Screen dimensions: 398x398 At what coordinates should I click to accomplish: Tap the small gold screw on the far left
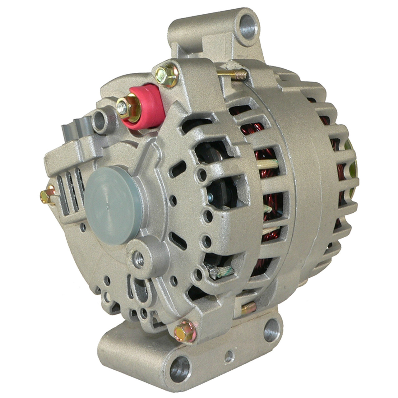pyautogui.click(x=47, y=195)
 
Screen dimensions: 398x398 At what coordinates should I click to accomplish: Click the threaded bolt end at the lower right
pyautogui.click(x=249, y=308)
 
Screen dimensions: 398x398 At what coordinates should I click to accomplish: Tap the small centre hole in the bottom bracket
pyautogui.click(x=229, y=355)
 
